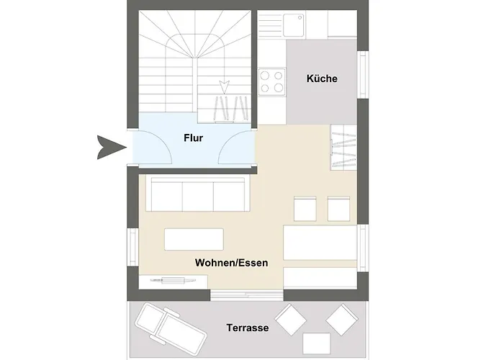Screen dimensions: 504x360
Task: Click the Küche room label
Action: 322,78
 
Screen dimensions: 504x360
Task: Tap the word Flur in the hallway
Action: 193,138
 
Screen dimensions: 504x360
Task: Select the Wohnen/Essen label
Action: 231,263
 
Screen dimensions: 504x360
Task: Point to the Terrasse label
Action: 248,328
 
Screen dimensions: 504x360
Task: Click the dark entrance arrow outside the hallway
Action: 111,148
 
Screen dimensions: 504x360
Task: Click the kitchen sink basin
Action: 293,25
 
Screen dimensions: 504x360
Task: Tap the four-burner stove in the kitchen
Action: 272,82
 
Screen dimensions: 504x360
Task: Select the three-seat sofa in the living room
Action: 198,193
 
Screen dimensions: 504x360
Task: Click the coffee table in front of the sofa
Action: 194,239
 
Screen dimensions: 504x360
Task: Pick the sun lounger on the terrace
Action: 171,327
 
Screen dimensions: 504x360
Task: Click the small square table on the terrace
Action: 316,343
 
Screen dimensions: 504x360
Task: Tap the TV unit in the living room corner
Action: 174,282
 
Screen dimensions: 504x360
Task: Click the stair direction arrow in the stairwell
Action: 224,87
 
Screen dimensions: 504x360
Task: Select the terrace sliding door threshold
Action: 247,294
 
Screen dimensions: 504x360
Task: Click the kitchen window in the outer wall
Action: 363,75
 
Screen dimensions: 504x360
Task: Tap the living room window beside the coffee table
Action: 132,247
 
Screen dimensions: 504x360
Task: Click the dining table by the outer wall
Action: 320,243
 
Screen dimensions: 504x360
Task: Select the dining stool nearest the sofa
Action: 305,209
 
